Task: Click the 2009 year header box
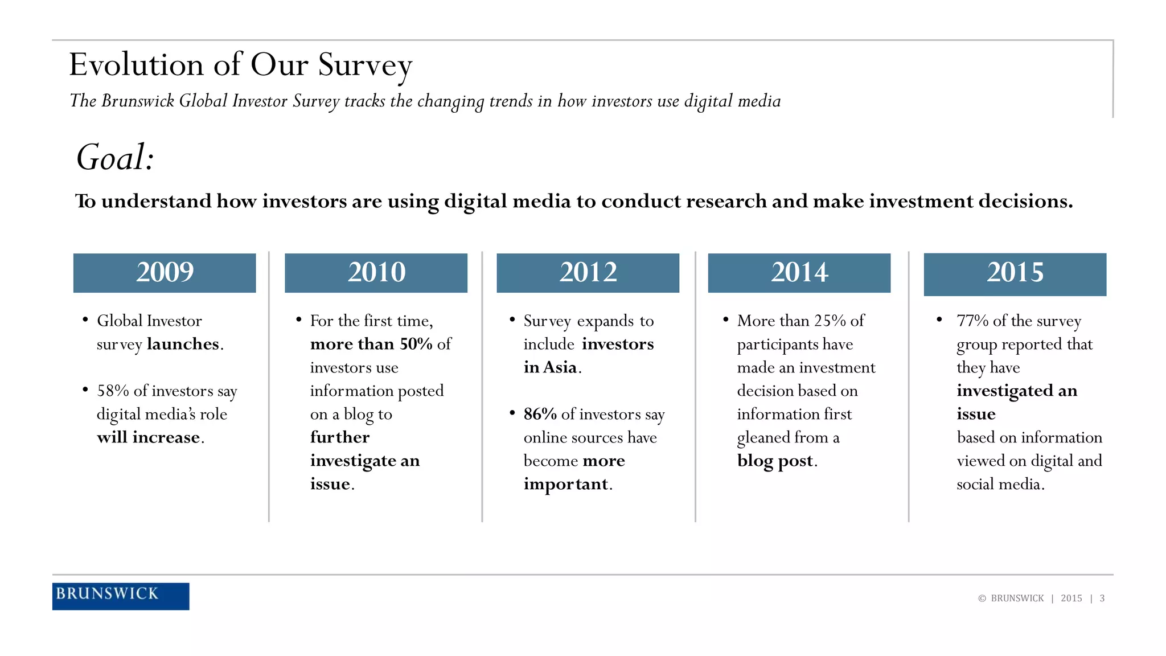tap(165, 273)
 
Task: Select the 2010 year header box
tap(376, 273)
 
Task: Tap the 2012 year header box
tap(588, 273)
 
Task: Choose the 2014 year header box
tap(799, 273)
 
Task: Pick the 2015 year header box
tap(1015, 274)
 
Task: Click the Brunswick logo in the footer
tap(120, 596)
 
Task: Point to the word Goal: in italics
tap(116, 158)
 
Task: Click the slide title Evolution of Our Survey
tap(240, 64)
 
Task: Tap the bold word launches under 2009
tap(183, 344)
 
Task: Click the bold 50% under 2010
tap(416, 344)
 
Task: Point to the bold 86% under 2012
tap(540, 414)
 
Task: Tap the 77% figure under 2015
tap(972, 321)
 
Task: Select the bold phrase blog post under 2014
tap(775, 461)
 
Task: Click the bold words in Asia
tap(550, 367)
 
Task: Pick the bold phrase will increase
tap(148, 437)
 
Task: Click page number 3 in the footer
tap(1102, 598)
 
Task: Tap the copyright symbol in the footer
tap(982, 598)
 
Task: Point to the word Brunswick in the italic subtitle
tap(138, 101)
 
